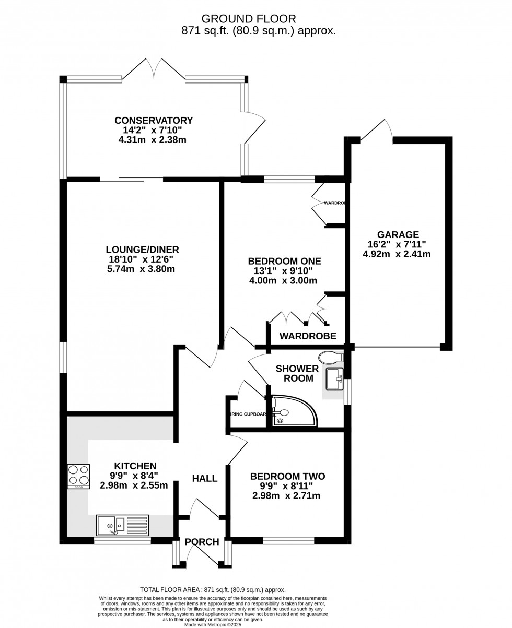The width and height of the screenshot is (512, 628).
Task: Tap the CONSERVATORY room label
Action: point(154,121)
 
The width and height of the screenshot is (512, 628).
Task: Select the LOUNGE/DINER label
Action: point(142,250)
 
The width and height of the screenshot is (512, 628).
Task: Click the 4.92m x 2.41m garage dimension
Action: point(397,254)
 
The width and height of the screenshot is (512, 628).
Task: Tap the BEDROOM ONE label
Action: point(284,261)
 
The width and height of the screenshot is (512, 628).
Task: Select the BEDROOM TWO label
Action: point(287,476)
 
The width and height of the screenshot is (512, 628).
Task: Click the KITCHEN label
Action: point(135,466)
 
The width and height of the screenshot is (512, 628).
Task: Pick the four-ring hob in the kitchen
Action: point(78,476)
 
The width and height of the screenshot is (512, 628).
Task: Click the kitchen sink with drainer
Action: point(122,524)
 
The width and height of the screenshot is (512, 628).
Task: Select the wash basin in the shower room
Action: point(333,379)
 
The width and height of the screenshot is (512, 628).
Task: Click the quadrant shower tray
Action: point(294,411)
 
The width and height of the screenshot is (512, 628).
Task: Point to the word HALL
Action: point(204,479)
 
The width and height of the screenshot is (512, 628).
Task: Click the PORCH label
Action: point(202,542)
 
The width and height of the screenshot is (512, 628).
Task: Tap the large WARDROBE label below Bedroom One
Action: point(308,336)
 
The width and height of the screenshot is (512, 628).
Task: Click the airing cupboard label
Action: point(248,414)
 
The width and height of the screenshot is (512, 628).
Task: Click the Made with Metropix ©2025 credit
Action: point(213,625)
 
